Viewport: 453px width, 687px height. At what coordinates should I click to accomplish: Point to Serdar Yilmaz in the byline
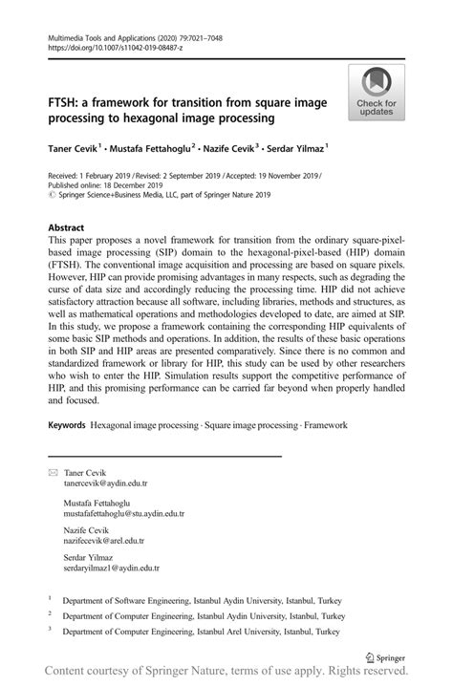294,149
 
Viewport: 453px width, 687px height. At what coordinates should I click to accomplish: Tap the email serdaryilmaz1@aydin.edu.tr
112,569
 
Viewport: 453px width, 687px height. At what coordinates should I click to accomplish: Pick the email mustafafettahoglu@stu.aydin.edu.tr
124,513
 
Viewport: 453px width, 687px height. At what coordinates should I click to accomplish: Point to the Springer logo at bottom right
387,657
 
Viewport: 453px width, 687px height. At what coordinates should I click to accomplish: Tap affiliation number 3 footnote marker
50,631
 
